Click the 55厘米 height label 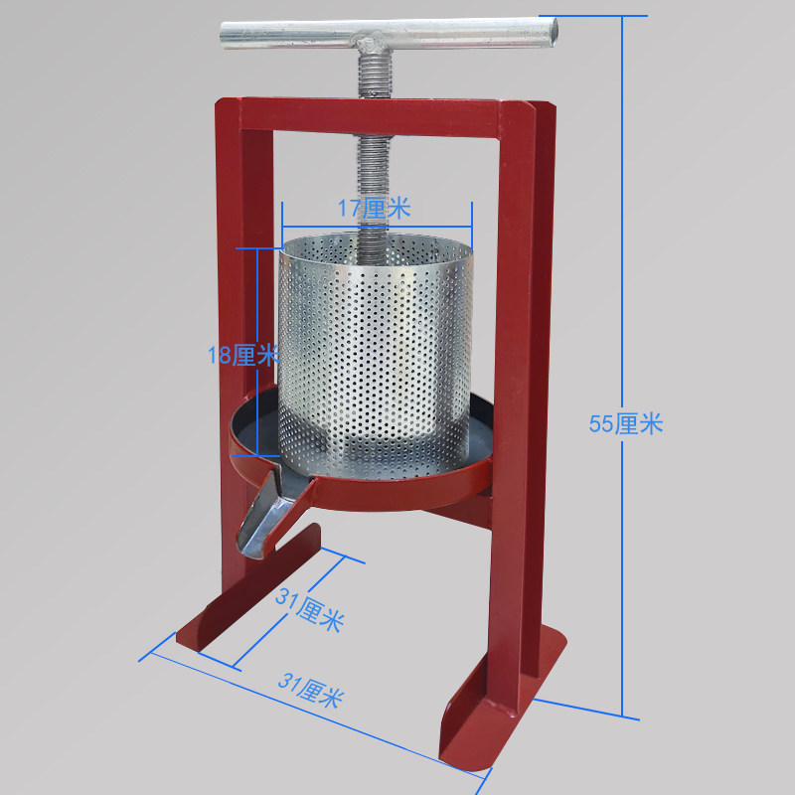pos(626,424)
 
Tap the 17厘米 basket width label pos(375,208)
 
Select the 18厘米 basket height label pos(243,355)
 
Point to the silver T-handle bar pos(389,34)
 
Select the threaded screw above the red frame pos(375,77)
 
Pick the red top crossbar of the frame pos(370,117)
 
